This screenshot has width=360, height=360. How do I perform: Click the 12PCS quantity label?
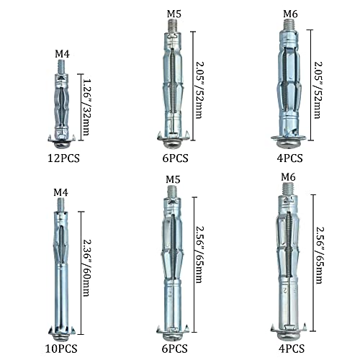tap(63, 158)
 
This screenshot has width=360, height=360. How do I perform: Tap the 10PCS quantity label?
tap(61, 348)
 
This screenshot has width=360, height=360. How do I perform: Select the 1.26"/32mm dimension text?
tap(85, 107)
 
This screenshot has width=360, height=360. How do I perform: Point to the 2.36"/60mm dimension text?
tap(86, 268)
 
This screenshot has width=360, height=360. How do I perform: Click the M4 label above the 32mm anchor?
tap(62, 54)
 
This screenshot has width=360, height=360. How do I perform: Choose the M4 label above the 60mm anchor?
tap(60, 192)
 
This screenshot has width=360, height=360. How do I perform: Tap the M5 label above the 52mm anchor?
tap(174, 14)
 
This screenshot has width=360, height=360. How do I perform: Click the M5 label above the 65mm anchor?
tap(173, 179)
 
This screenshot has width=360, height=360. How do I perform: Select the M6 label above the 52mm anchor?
tap(290, 14)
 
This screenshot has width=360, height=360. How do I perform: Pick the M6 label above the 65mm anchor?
tap(288, 177)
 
